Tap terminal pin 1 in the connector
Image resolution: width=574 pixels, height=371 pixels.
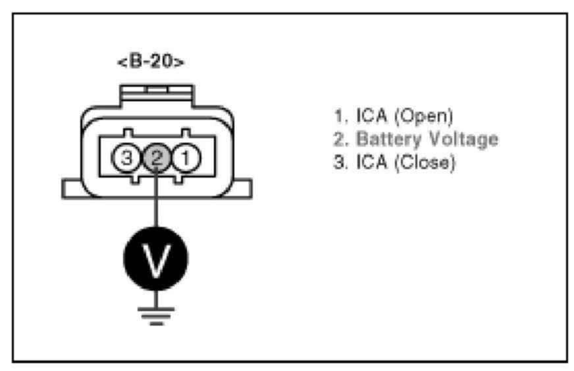186,158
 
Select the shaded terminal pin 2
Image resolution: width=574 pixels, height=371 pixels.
156,158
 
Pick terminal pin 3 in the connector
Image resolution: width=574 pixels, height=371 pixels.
126,158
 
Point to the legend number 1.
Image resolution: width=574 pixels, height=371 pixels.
338,117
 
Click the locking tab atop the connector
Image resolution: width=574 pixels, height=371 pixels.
156,93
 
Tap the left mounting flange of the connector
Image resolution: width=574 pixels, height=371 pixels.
72,189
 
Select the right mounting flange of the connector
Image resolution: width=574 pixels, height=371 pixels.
240,189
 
